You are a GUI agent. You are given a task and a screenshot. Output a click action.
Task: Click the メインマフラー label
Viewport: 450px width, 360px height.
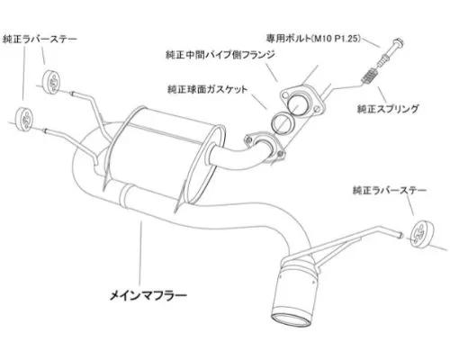point(148,296)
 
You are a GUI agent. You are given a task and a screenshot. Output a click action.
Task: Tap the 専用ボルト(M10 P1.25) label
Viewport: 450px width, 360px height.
point(313,39)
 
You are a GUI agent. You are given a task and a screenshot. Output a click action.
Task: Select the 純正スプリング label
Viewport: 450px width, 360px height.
point(388,109)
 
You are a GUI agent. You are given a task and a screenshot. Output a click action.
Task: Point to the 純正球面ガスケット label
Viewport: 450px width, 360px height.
point(208,89)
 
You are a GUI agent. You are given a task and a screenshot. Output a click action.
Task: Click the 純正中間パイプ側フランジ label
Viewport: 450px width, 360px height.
point(220,55)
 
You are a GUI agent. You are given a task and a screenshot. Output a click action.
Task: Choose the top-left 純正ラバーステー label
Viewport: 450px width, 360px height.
point(40,40)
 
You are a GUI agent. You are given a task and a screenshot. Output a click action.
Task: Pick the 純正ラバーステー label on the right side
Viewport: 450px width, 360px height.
point(390,191)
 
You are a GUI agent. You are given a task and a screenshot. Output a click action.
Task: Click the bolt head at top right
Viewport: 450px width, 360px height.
point(398,43)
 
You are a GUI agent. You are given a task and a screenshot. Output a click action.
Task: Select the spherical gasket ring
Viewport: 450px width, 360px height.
point(283,122)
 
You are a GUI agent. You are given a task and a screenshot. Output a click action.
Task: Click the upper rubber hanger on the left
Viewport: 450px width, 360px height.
point(52,81)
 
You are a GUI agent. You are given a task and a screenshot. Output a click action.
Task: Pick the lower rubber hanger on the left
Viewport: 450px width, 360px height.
point(23,118)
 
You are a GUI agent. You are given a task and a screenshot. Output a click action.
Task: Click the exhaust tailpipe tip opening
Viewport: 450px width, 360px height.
point(292,320)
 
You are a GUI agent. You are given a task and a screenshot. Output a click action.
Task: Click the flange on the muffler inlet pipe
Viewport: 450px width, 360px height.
point(264,146)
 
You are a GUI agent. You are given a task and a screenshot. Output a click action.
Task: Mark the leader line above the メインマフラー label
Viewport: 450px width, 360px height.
point(140,253)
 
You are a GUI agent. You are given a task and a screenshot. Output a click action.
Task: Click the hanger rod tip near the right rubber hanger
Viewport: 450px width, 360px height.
point(400,235)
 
